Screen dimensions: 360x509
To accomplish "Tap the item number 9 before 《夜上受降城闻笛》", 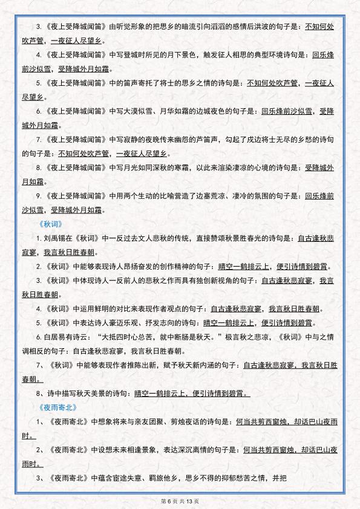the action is (38, 196).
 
